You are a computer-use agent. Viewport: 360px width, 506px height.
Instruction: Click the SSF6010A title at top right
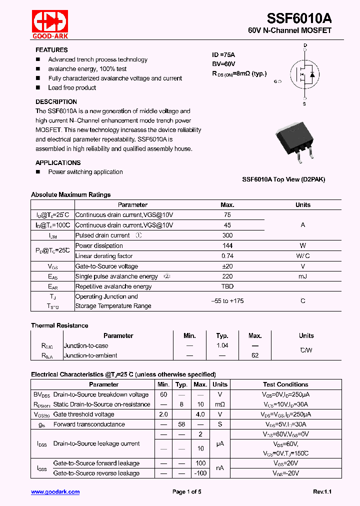pyautogui.click(x=299, y=18)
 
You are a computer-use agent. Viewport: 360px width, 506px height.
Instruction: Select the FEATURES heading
pyautogui.click(x=51, y=50)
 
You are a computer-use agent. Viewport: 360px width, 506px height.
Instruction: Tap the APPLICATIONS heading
pyautogui.click(x=58, y=162)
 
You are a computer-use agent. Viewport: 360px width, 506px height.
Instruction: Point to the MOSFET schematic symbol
pyautogui.click(x=304, y=75)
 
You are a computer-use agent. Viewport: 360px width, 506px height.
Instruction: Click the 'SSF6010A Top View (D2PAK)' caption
pyautogui.click(x=283, y=179)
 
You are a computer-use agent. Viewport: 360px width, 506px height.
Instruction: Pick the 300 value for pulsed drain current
pyautogui.click(x=227, y=235)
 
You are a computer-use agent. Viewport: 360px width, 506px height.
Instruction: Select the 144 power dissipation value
pyautogui.click(x=227, y=246)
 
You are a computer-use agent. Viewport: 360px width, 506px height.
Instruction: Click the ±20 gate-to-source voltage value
pyautogui.click(x=227, y=266)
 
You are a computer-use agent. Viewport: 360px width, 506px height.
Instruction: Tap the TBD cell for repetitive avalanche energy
pyautogui.click(x=227, y=286)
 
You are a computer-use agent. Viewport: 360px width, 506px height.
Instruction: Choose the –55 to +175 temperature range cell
pyautogui.click(x=227, y=301)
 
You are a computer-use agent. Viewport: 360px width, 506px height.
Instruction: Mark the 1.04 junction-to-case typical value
pyautogui.click(x=222, y=345)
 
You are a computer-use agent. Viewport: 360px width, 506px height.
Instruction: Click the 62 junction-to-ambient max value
pyautogui.click(x=255, y=355)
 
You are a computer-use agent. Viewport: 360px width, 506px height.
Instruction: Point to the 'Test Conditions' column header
pyautogui.click(x=285, y=384)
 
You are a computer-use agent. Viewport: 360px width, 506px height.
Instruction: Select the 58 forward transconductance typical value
pyautogui.click(x=181, y=424)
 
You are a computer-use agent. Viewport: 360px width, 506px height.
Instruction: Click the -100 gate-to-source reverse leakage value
pyautogui.click(x=200, y=473)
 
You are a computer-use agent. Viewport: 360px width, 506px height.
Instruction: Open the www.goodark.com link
pyautogui.click(x=55, y=492)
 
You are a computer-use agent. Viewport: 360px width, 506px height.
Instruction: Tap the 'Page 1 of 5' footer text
pyautogui.click(x=186, y=492)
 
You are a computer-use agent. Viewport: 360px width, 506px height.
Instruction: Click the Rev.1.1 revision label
pyautogui.click(x=323, y=492)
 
